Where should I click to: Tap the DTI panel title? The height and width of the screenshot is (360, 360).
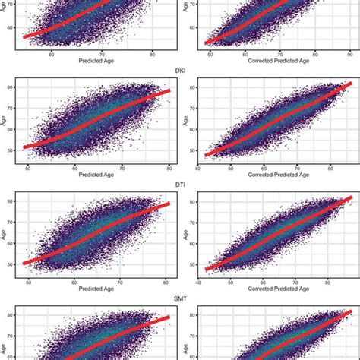(180, 185)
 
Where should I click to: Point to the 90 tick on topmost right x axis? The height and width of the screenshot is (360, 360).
(349, 55)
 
